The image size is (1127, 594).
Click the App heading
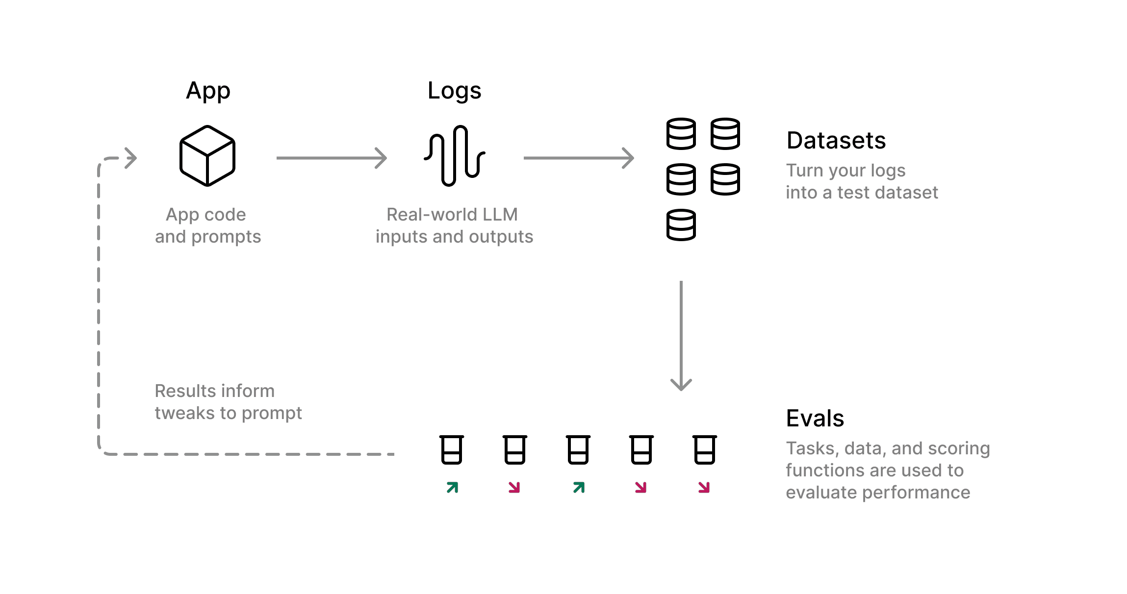click(x=208, y=91)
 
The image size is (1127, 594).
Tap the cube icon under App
click(x=207, y=156)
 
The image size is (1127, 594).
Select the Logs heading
click(x=454, y=91)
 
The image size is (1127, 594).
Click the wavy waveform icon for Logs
click(x=455, y=156)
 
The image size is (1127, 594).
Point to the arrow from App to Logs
click(x=332, y=158)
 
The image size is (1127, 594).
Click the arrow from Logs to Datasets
click(x=579, y=158)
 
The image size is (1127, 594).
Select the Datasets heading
click(x=836, y=141)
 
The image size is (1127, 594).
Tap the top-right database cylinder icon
click(x=725, y=134)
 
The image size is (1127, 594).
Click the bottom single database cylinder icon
click(x=681, y=225)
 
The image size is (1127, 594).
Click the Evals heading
click(x=815, y=419)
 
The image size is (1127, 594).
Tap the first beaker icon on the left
click(x=451, y=449)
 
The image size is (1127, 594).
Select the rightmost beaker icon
click(x=705, y=449)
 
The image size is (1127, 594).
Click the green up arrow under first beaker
click(x=452, y=487)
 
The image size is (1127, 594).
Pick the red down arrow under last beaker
click(x=704, y=487)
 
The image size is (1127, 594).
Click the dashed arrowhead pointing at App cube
click(x=130, y=158)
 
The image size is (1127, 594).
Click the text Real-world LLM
click(x=452, y=215)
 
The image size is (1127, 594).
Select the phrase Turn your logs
click(x=845, y=171)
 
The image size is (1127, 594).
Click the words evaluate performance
click(x=878, y=493)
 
